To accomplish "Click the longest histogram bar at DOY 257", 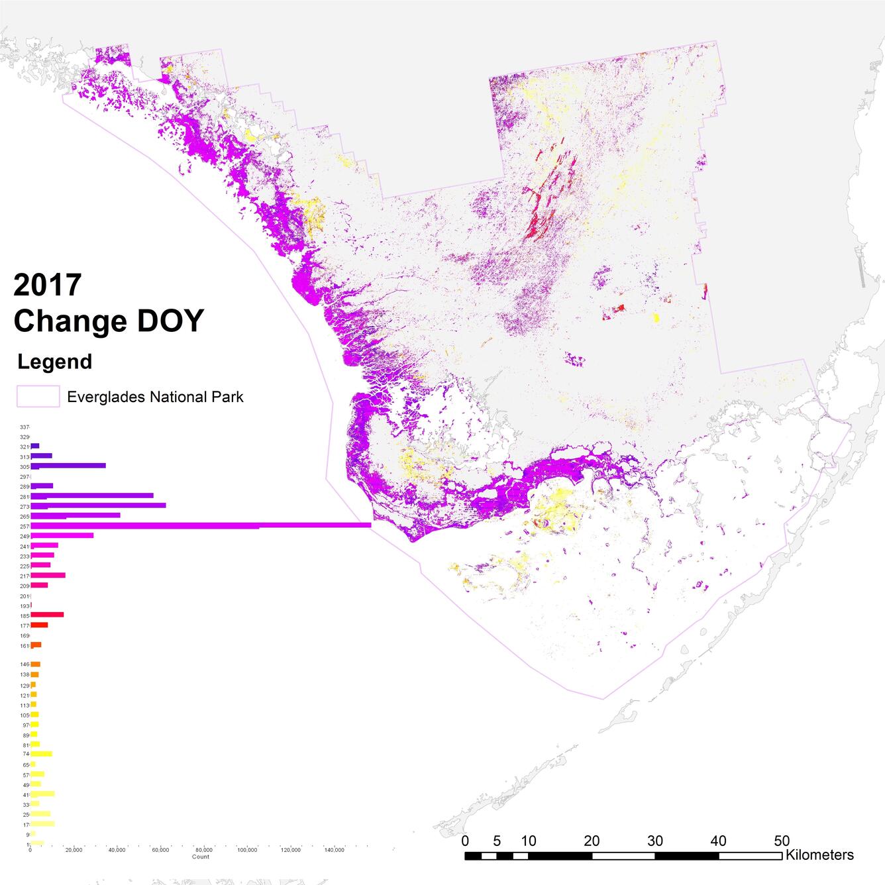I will [x=199, y=525].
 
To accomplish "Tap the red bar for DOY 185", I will [x=47, y=615].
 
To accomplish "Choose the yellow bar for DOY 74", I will [x=41, y=754].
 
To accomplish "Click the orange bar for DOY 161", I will [x=36, y=645].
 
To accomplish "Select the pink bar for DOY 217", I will [x=48, y=575].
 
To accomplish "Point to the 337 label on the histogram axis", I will [x=25, y=427].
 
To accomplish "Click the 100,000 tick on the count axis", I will [x=247, y=850].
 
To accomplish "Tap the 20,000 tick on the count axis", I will [x=74, y=850].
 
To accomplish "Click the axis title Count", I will [x=201, y=857].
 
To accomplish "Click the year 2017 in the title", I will [x=48, y=285].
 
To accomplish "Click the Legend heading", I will [x=55, y=362].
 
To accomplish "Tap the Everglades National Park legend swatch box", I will [x=38, y=397].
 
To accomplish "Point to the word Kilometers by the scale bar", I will [x=819, y=855].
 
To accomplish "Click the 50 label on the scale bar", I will [x=782, y=841].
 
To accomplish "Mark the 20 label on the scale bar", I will [x=592, y=841].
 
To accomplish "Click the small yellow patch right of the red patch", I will [x=656, y=318].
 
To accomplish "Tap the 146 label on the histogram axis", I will [x=25, y=664].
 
